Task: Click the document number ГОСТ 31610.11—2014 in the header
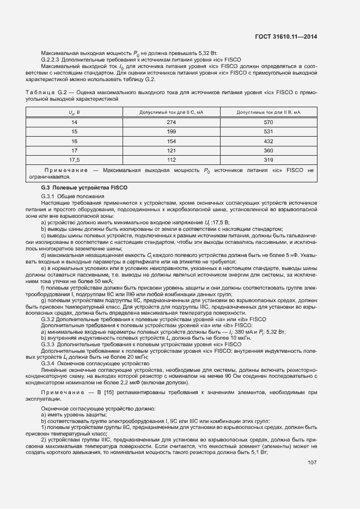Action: (x=286, y=37)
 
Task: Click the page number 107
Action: (x=312, y=463)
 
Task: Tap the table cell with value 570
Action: (x=268, y=122)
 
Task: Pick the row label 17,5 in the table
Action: (x=74, y=160)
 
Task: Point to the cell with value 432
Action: (x=268, y=141)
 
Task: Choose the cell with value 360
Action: (x=268, y=150)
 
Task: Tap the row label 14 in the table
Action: (x=74, y=122)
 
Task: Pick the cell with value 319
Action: (x=268, y=160)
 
